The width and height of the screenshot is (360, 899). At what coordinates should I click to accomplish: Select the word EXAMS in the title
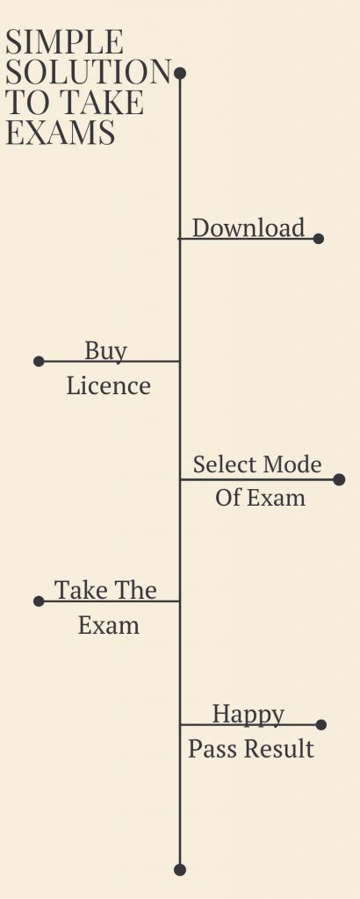(x=61, y=133)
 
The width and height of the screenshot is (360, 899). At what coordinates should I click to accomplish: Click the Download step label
(x=248, y=228)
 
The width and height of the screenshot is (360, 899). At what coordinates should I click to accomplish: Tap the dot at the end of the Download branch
(x=318, y=238)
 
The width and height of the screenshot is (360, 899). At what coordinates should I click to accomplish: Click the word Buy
(x=106, y=351)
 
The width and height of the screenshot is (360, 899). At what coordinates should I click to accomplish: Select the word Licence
(x=108, y=386)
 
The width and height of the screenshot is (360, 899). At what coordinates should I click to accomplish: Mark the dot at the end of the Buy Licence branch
(x=39, y=361)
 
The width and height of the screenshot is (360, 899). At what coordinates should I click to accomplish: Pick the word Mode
(x=292, y=464)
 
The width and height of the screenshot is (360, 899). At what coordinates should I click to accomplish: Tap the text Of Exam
(x=260, y=498)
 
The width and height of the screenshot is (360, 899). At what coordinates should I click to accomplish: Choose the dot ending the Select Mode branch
(x=339, y=479)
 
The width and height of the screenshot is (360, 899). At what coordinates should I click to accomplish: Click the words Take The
(x=105, y=590)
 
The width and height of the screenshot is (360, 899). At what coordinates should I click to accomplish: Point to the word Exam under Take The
(x=108, y=626)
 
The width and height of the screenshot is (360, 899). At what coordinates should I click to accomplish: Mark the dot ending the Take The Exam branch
(x=39, y=601)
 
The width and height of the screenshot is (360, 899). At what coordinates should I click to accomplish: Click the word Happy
(x=248, y=714)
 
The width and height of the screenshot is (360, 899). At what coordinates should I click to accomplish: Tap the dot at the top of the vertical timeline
(x=180, y=73)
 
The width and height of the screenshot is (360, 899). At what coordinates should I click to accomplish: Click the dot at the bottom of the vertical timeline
(x=180, y=869)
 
